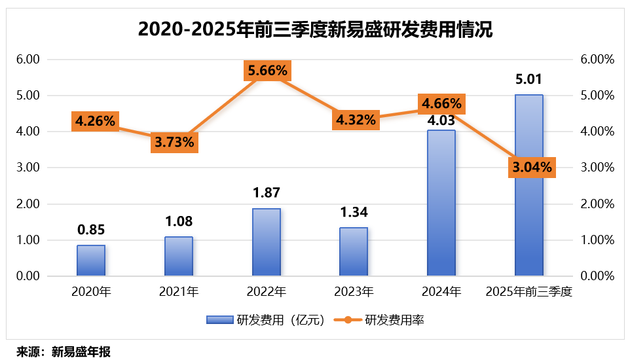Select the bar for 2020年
(x=91, y=261)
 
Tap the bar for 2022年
(x=266, y=242)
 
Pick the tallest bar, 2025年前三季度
(x=528, y=186)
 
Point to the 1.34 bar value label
(x=354, y=213)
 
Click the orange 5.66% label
(x=267, y=70)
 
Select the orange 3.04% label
(x=530, y=167)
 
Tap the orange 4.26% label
(x=95, y=120)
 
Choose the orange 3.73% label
(x=174, y=142)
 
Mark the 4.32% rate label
(x=356, y=120)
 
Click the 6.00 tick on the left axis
(x=28, y=60)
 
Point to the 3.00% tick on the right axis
(x=597, y=168)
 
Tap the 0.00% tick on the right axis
(x=597, y=276)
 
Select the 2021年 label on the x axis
(x=178, y=292)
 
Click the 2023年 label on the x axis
(x=354, y=292)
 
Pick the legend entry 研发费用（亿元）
(x=265, y=320)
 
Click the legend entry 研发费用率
(x=380, y=320)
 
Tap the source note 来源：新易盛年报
(x=64, y=352)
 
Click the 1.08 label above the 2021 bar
(x=179, y=222)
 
